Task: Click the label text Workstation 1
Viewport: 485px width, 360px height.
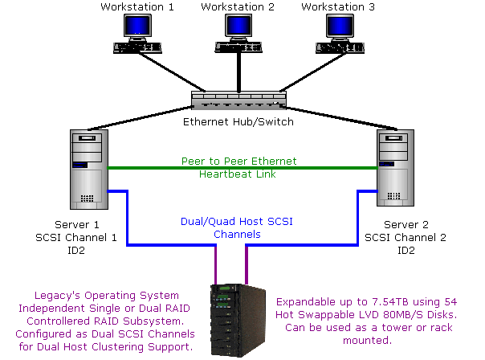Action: (x=137, y=7)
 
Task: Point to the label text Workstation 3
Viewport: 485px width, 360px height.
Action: (x=338, y=7)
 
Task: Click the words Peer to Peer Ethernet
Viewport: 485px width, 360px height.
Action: (x=248, y=161)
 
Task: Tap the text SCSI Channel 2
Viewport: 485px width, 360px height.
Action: (x=401, y=239)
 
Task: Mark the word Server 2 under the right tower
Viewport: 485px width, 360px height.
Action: (x=401, y=226)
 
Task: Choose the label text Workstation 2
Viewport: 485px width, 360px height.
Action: (x=238, y=7)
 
